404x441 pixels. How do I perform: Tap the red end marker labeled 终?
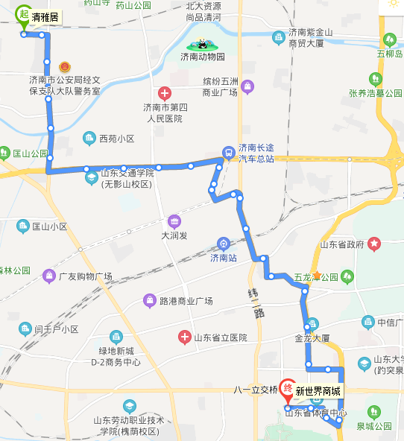[288, 389]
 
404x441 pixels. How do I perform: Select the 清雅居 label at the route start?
[46, 16]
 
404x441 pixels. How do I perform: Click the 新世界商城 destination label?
[318, 391]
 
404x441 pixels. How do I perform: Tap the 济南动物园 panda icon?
[202, 45]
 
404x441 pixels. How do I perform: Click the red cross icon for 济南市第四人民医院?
[165, 93]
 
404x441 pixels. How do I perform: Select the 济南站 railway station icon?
[222, 244]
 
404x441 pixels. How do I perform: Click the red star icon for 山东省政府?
[373, 244]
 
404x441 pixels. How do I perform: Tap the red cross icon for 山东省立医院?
[183, 337]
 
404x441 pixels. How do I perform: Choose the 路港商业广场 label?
[186, 301]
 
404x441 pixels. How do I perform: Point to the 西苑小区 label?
[116, 139]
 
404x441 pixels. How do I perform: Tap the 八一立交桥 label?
[256, 390]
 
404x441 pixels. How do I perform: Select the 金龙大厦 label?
[312, 337]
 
